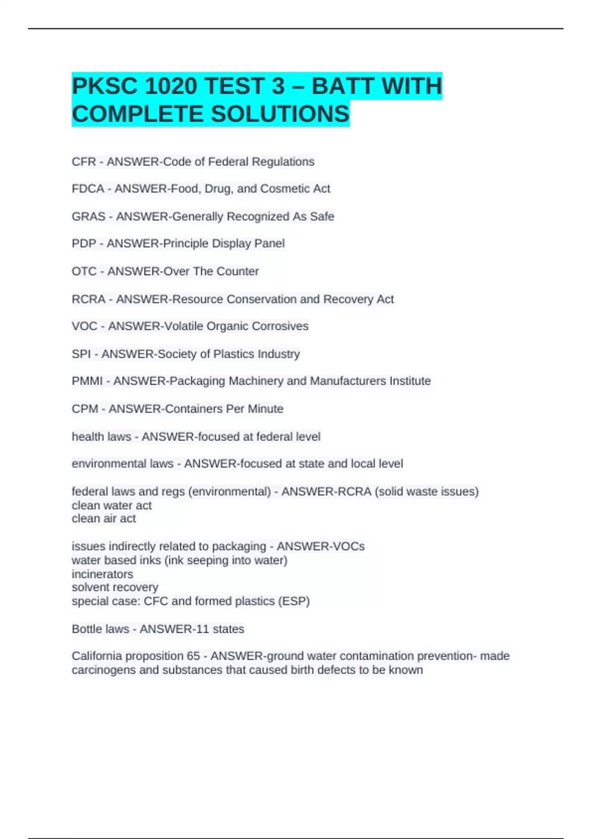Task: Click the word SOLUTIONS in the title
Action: pos(280,114)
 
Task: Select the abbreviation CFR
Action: pos(84,162)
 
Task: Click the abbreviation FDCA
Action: pos(88,189)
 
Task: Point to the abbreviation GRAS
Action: pos(89,217)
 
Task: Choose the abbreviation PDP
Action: pos(84,243)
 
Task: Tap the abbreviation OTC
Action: pos(84,271)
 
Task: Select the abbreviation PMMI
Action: pos(87,381)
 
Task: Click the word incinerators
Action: pos(103,574)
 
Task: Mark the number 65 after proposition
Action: pos(193,656)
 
